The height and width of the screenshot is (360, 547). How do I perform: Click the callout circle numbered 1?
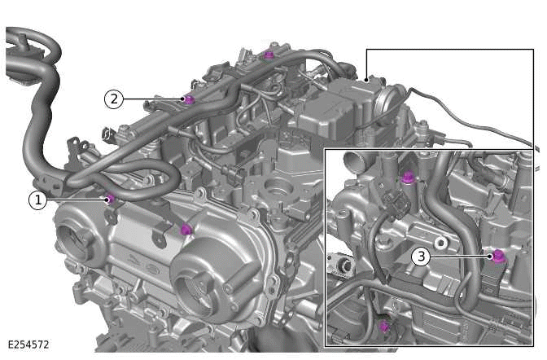pos(37,199)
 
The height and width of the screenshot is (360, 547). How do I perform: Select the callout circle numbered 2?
pos(114,99)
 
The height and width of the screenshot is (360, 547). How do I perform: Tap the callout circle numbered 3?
pos(420,256)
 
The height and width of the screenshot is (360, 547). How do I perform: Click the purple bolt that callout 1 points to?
pos(110,198)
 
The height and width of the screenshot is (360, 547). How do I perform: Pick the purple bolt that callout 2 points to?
pos(189,99)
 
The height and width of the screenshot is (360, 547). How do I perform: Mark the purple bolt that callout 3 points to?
pos(496,257)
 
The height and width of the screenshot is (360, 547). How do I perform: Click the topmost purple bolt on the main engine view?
pos(269,55)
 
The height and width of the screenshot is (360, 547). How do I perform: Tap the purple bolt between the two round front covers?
pos(186,230)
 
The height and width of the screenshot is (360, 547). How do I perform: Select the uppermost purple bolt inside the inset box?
pos(408,177)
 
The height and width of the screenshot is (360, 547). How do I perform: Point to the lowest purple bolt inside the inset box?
pos(384,327)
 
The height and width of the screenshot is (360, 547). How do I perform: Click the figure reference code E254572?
pos(28,345)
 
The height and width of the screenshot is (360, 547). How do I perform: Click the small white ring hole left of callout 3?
pos(440,243)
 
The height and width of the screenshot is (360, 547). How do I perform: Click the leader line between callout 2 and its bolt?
pos(153,99)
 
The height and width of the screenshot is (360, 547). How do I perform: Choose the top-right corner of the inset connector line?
pos(533,50)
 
